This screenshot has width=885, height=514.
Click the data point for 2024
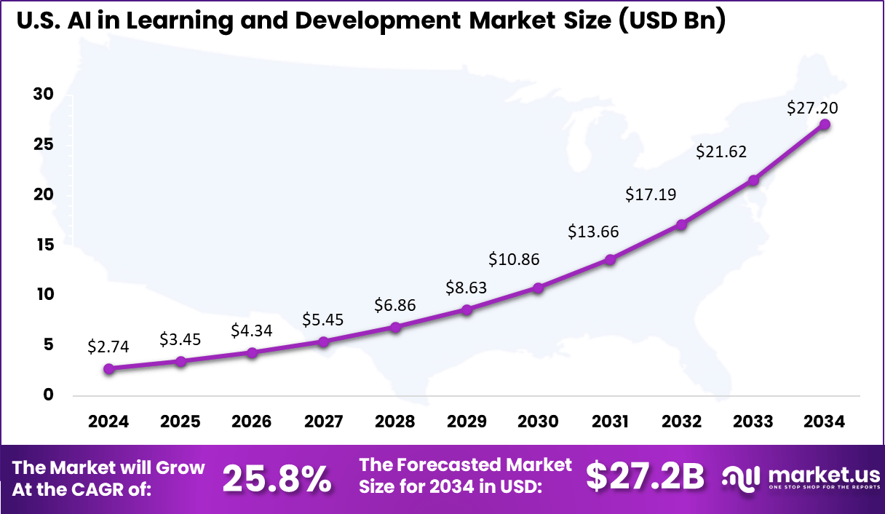tap(109, 369)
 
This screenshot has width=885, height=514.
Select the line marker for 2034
tap(825, 124)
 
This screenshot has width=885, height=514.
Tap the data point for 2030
tap(539, 288)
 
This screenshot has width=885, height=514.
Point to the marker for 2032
tap(681, 225)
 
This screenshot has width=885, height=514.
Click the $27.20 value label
tap(812, 108)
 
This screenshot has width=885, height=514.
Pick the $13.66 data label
tap(593, 232)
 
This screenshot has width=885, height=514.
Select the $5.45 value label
tap(323, 320)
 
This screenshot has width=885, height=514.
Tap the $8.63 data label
tap(467, 288)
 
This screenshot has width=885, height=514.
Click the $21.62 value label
tap(721, 152)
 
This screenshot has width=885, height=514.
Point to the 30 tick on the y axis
tap(44, 94)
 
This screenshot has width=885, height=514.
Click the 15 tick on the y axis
tap(44, 245)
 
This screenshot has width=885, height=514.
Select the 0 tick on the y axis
tap(48, 395)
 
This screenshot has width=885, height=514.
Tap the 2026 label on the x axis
tap(252, 422)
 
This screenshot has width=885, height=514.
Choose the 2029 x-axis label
tap(467, 422)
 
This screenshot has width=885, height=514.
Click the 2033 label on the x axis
tap(753, 422)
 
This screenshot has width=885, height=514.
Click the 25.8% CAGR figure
tap(277, 478)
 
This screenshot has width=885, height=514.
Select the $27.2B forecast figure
tap(645, 477)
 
